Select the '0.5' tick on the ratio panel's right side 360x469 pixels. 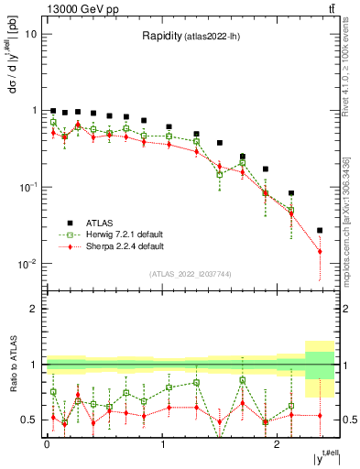click(x=350, y=420)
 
